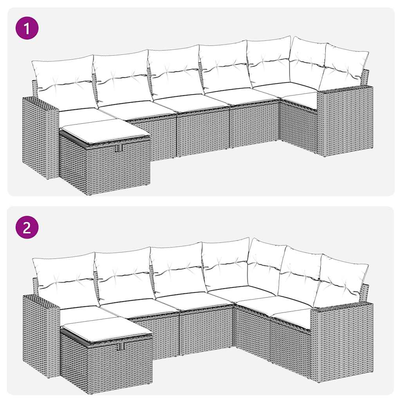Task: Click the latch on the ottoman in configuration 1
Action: click(119, 148)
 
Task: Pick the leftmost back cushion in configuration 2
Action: click(65, 280)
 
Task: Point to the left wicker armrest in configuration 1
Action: click(39, 137)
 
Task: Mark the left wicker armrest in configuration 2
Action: click(40, 335)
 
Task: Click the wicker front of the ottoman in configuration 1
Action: click(117, 168)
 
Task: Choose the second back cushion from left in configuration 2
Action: click(123, 274)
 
